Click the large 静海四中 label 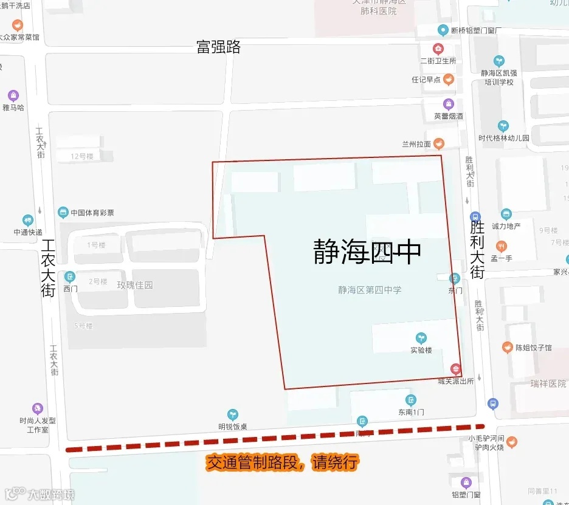(x=367, y=252)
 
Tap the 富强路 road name (x=218, y=47)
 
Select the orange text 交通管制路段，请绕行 (x=282, y=463)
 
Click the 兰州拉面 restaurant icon (x=438, y=143)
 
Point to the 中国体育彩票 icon (x=63, y=212)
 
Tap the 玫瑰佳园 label (x=135, y=285)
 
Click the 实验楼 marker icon (x=421, y=338)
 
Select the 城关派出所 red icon (x=455, y=369)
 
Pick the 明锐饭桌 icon (x=232, y=414)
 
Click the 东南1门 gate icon (x=412, y=400)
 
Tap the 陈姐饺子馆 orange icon (x=507, y=348)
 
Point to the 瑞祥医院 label (x=548, y=383)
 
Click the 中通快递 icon (x=28, y=220)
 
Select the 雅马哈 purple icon (x=13, y=95)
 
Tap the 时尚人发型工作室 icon (x=38, y=408)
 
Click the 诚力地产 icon (x=506, y=214)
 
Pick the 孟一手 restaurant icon (x=502, y=246)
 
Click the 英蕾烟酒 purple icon (x=449, y=104)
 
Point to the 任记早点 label (x=426, y=80)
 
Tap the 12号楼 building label (x=81, y=156)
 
